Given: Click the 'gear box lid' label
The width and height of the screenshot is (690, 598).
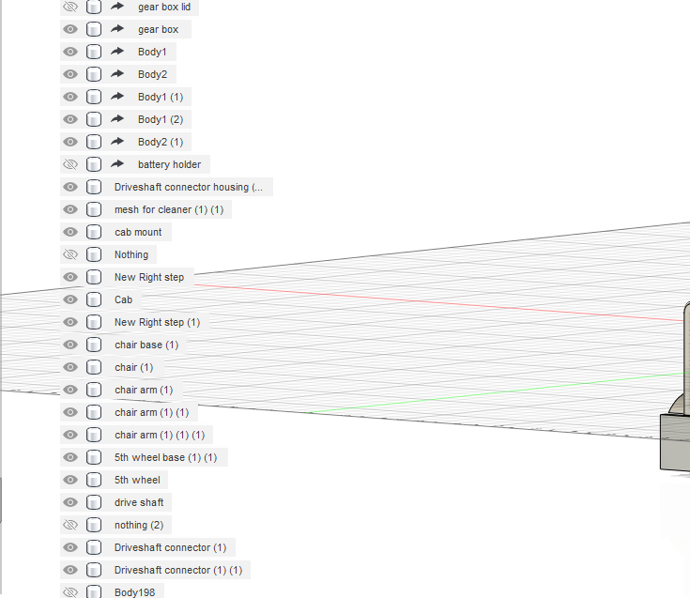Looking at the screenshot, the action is [164, 7].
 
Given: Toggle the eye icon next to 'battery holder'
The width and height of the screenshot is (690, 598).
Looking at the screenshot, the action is [70, 164].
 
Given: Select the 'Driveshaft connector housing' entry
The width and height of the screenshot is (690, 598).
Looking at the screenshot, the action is [189, 187].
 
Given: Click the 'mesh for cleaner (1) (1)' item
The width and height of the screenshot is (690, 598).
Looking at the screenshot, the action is [169, 209].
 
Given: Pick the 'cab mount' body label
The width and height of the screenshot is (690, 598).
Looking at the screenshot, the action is [138, 232].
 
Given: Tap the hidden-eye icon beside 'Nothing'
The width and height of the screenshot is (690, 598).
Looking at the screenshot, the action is [70, 254].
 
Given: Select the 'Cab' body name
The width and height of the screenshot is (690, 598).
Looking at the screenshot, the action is [123, 299].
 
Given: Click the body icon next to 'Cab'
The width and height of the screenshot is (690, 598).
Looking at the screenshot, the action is [94, 299].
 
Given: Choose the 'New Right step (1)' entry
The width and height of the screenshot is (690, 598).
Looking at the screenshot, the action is [157, 322].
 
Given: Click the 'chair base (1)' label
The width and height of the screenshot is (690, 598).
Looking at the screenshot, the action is [146, 345].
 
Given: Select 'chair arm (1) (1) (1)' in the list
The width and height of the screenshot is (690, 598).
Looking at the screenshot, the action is [160, 435].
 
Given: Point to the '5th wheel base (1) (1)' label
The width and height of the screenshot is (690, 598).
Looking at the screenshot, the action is [166, 457].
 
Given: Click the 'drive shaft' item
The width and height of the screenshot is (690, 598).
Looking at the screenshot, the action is [139, 502].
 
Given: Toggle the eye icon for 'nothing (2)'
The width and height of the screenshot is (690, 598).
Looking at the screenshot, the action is [70, 525].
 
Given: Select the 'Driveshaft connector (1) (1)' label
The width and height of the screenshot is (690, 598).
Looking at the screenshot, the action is [178, 570].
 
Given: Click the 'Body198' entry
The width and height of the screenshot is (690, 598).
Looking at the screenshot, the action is [134, 592].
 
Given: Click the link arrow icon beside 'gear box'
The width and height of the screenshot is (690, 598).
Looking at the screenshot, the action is [117, 29].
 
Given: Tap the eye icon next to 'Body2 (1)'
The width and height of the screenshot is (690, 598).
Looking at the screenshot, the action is [70, 142].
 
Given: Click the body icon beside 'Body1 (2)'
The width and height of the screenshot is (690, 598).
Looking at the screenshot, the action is [94, 119].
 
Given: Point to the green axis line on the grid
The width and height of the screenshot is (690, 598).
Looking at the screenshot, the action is [498, 392].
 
